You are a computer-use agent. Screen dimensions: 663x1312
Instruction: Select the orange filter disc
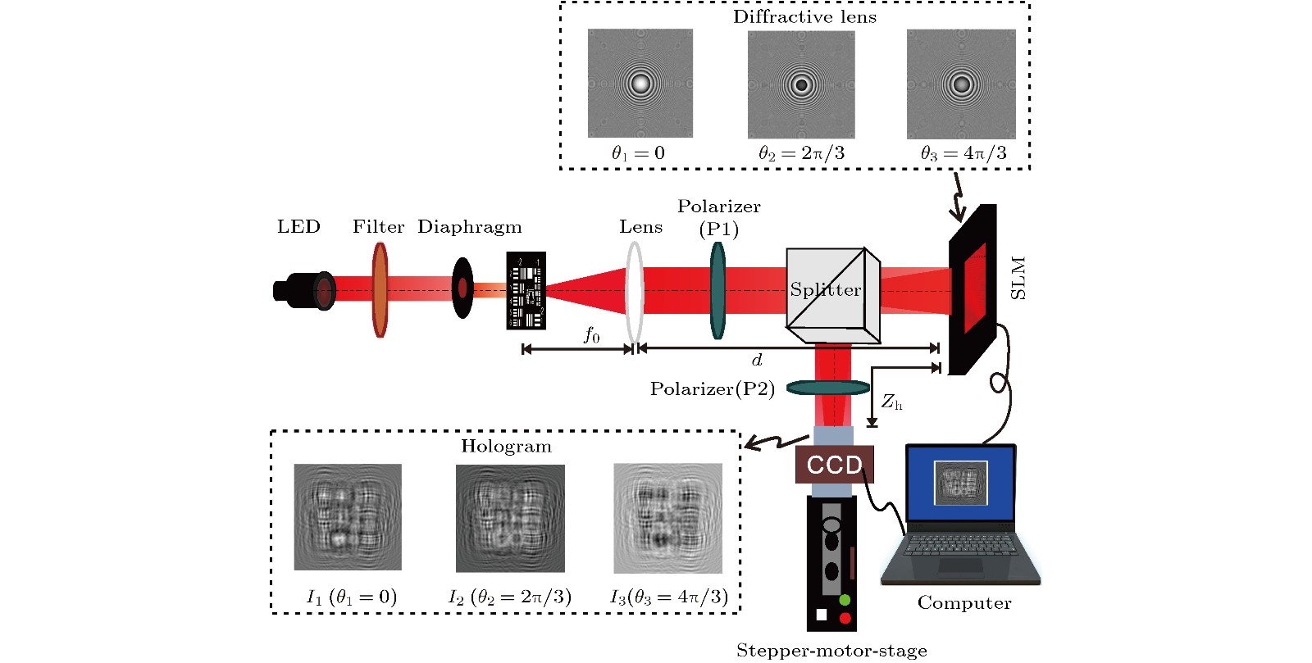pos(380,289)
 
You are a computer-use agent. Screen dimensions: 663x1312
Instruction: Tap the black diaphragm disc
pos(462,288)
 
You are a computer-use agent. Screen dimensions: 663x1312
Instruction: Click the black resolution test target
pos(526,290)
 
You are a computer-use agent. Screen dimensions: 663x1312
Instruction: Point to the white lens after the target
pos(634,291)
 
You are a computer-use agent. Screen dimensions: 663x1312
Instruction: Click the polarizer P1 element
pos(717,290)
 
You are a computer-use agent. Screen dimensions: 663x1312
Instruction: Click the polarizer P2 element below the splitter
pos(827,388)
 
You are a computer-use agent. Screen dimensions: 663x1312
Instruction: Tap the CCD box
pos(834,465)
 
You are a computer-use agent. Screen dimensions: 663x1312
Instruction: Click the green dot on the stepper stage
pos(845,600)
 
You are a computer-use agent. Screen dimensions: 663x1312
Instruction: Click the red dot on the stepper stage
pos(845,618)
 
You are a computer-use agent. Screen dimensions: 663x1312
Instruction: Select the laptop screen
pos(961,484)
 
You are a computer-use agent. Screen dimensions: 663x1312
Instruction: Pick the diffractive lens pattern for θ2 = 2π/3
pos(801,84)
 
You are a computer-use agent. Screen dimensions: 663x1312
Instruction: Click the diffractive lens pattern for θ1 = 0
pos(640,84)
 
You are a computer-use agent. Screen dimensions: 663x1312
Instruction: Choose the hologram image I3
pos(668,518)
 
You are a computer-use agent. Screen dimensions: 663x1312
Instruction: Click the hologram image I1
pos(348,517)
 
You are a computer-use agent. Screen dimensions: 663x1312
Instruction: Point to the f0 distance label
pos(591,334)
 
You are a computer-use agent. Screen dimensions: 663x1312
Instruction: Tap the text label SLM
pos(1018,279)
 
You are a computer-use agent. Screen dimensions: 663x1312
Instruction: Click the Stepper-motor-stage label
pos(831,651)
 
